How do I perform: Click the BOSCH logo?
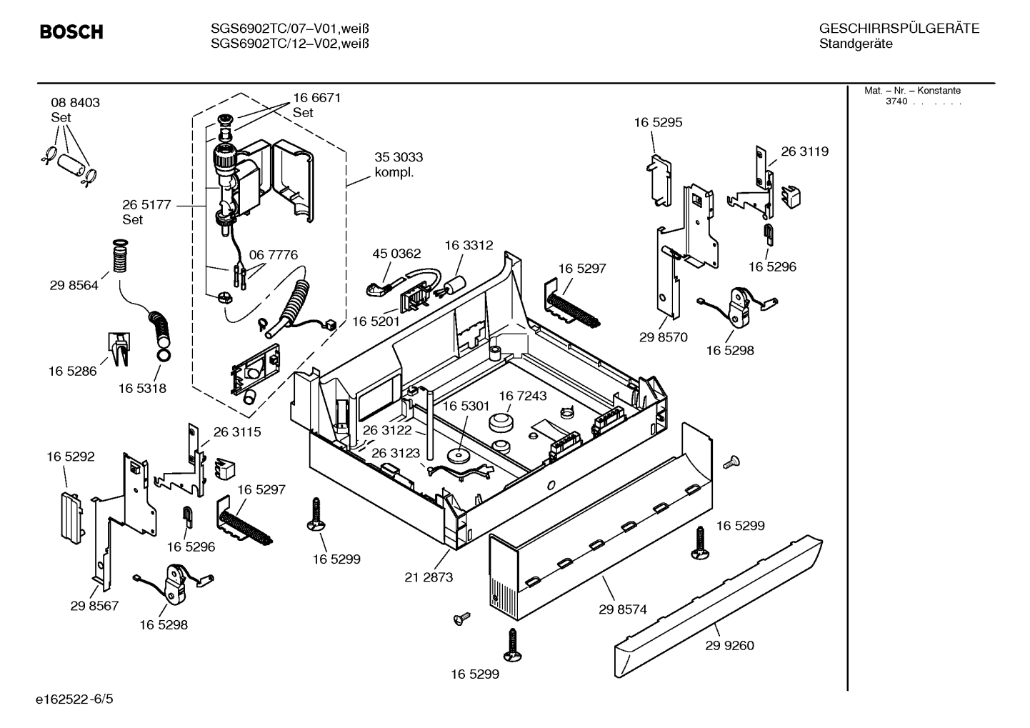tap(71, 32)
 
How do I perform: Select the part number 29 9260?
tap(729, 646)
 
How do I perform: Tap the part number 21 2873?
tap(429, 577)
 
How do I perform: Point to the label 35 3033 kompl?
tap(399, 165)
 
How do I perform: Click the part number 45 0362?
tap(396, 254)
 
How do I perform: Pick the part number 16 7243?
tap(523, 396)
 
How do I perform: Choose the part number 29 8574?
tap(623, 609)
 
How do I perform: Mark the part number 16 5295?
tap(658, 122)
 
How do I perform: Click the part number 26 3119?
tap(804, 151)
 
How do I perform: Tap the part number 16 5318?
tap(142, 389)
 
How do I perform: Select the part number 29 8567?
tap(94, 606)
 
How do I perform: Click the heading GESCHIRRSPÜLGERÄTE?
tap(899, 29)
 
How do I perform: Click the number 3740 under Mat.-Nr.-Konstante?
tap(896, 101)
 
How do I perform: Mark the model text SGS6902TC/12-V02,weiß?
tap(290, 44)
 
